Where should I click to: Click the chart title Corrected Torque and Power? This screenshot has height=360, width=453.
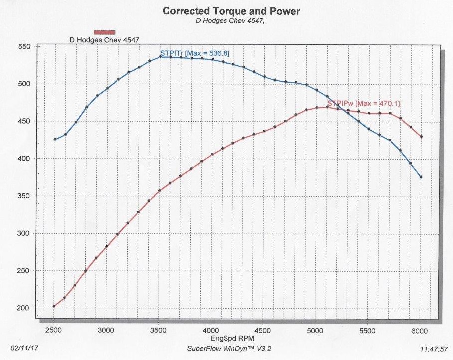coord(232,10)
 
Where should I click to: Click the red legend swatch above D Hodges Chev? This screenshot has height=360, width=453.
coord(105,32)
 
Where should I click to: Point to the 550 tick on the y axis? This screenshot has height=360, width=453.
coord(24,47)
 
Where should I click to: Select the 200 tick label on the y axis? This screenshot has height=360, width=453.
coord(24,308)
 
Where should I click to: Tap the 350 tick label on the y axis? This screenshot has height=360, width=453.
coord(24,196)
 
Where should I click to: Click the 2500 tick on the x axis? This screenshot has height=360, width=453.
coord(54,330)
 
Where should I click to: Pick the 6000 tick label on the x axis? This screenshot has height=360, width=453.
coord(421,330)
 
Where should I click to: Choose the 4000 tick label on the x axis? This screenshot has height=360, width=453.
coord(211,330)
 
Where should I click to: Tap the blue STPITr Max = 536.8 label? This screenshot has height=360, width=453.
coord(195,53)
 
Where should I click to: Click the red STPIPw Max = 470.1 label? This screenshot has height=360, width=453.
coord(363,103)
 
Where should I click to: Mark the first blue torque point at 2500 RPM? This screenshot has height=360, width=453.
coord(54,140)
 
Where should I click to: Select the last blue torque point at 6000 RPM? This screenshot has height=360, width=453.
coord(421,177)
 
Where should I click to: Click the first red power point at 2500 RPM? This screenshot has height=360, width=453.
coord(54,306)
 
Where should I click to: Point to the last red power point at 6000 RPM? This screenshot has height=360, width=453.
coord(421,137)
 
